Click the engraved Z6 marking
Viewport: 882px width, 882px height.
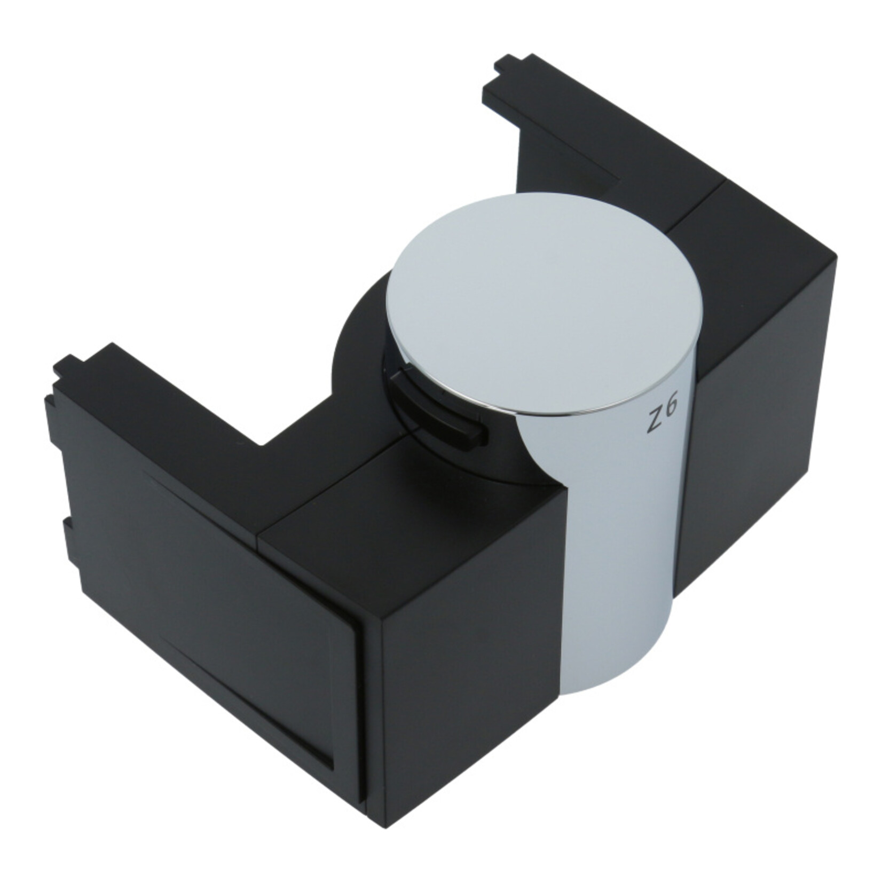pos(662,414)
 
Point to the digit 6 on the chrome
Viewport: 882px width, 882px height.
pos(671,408)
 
